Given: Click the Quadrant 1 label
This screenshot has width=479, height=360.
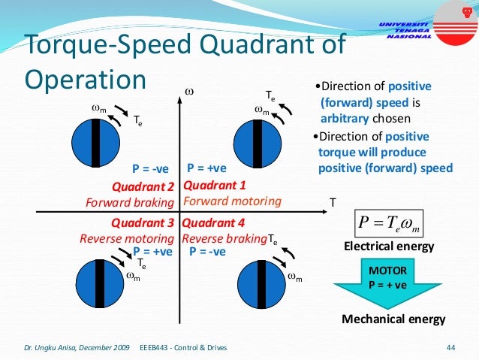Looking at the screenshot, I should coord(214,184).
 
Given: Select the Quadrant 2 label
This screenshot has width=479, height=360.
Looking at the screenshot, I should coord(143,186).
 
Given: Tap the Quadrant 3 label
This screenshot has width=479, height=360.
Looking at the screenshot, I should coord(143,222).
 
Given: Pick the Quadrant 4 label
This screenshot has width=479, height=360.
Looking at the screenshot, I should coord(213,222).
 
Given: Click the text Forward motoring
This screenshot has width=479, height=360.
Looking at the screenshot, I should coord(232,201).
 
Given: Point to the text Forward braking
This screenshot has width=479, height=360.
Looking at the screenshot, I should coord(130,202).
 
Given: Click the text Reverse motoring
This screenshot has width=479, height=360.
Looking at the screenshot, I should coord(127,238).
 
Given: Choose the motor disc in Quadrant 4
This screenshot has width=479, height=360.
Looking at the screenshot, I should coord(259,282).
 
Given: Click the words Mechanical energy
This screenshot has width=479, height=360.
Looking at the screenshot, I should coord(393,319).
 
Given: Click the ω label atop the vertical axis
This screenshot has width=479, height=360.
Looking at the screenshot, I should coord(188,93).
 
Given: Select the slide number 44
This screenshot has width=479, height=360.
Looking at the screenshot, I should coord(451,346).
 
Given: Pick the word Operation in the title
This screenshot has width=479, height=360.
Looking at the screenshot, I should coord(84,79).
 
